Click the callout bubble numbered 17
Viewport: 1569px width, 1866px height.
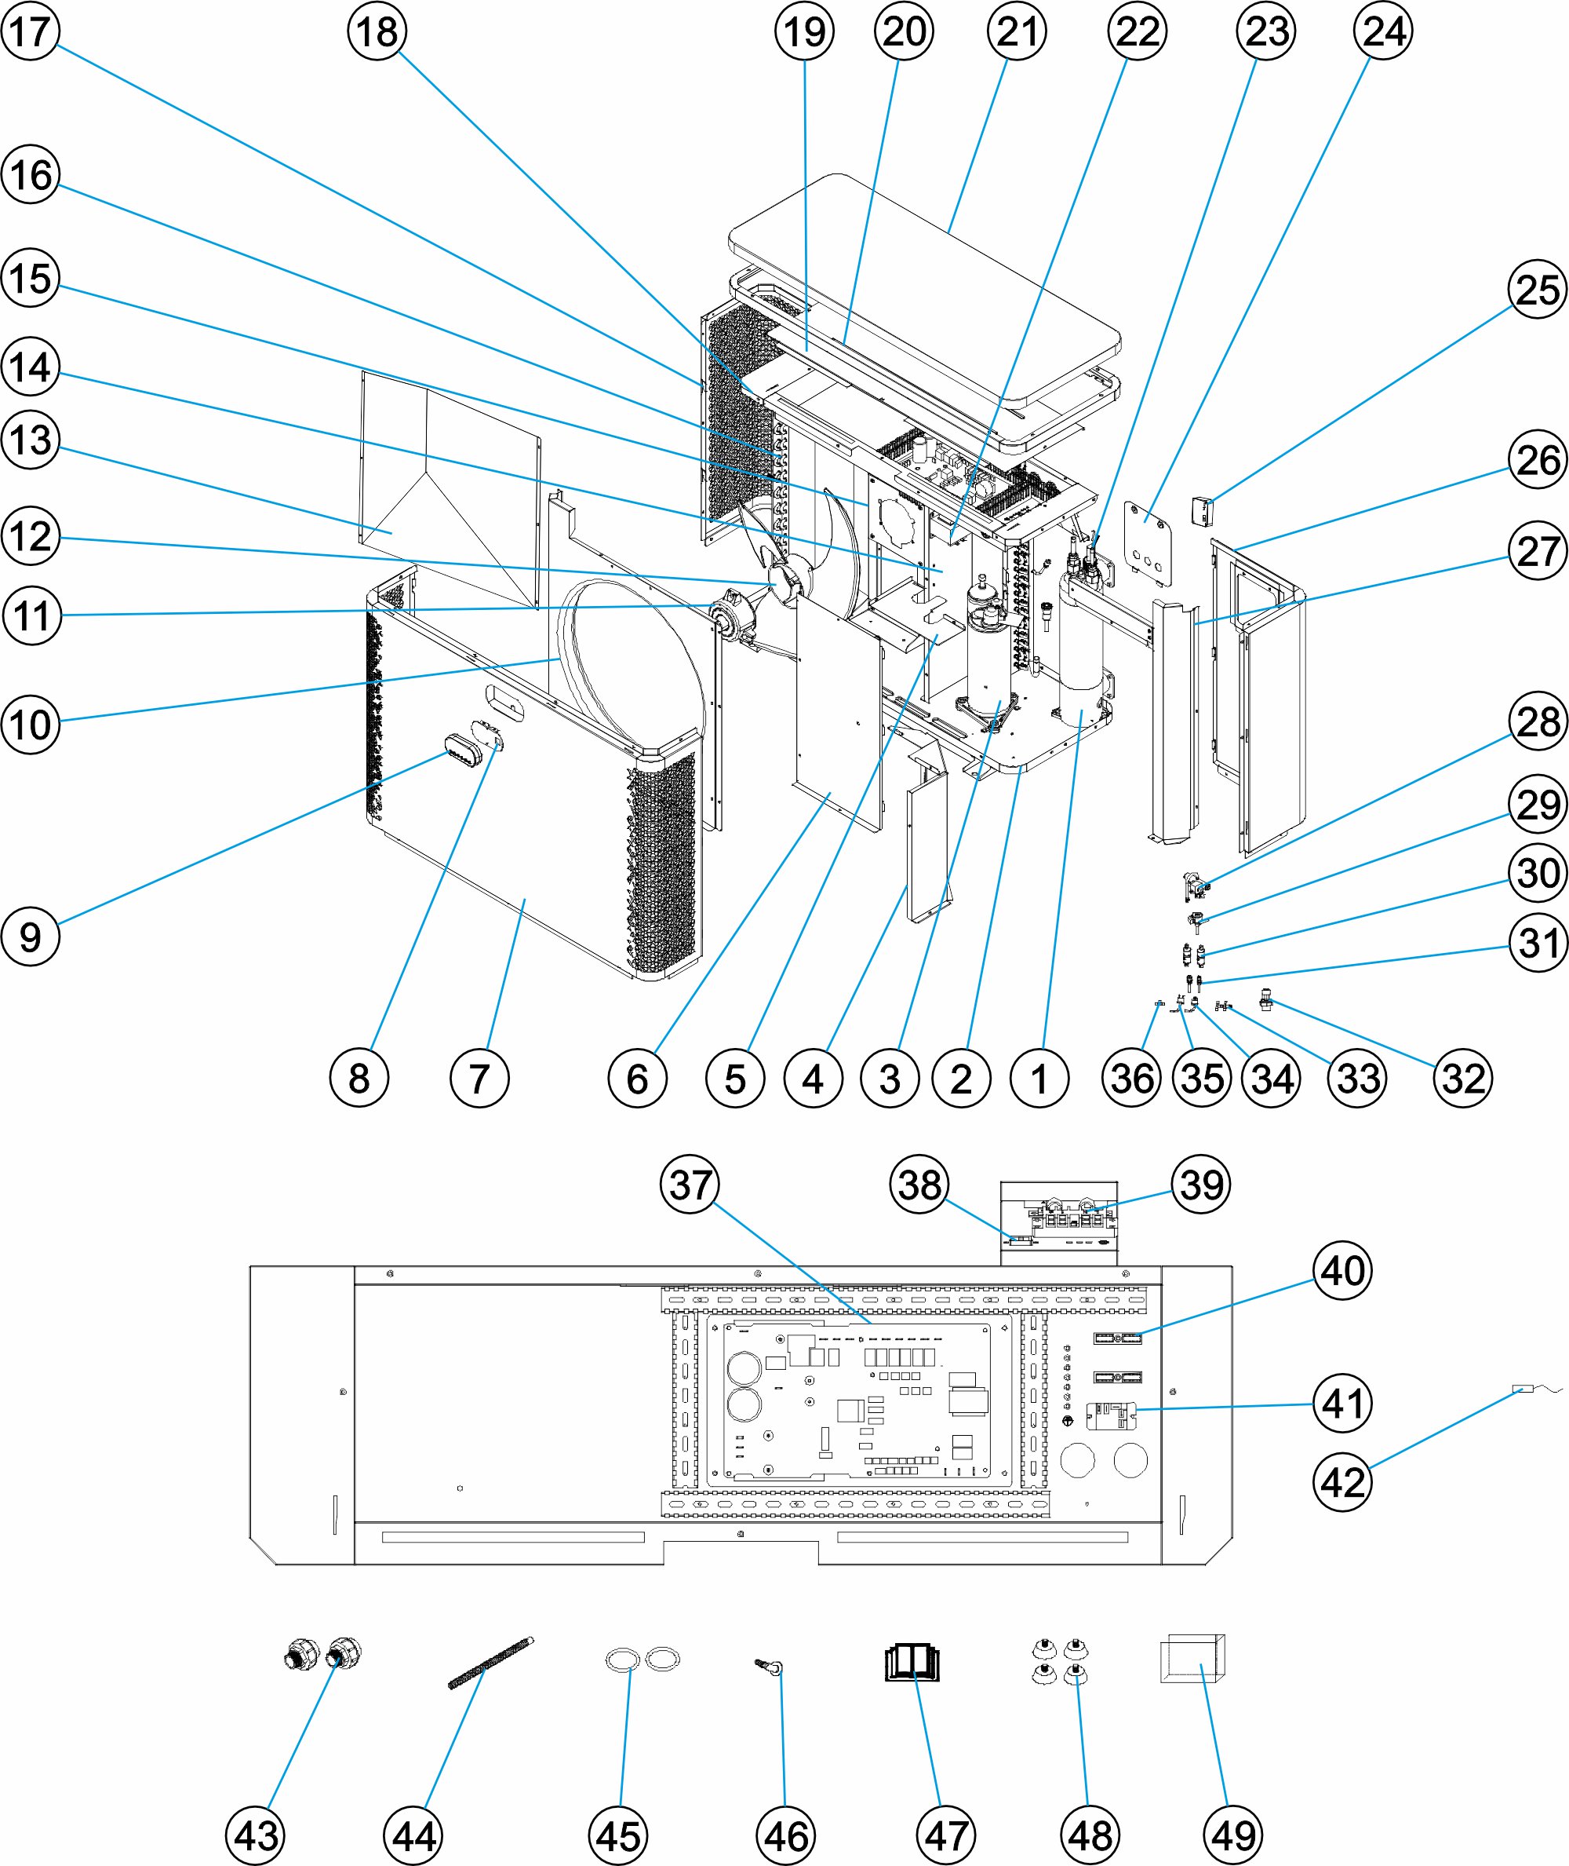coord(31,31)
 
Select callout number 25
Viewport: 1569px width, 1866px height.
coord(1537,290)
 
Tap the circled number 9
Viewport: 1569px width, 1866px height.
coord(31,937)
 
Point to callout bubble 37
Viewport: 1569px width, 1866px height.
coord(690,1185)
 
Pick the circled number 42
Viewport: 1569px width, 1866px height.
coord(1342,1482)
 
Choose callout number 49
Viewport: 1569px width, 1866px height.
coord(1232,1835)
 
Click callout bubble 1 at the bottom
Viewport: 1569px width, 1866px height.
coord(1039,1079)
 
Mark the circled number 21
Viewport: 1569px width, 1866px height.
coord(1017,31)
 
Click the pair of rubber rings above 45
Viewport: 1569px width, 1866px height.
coord(643,1659)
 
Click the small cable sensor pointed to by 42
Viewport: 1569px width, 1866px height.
coord(1523,1389)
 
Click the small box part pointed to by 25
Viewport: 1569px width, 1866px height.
coord(1202,512)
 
